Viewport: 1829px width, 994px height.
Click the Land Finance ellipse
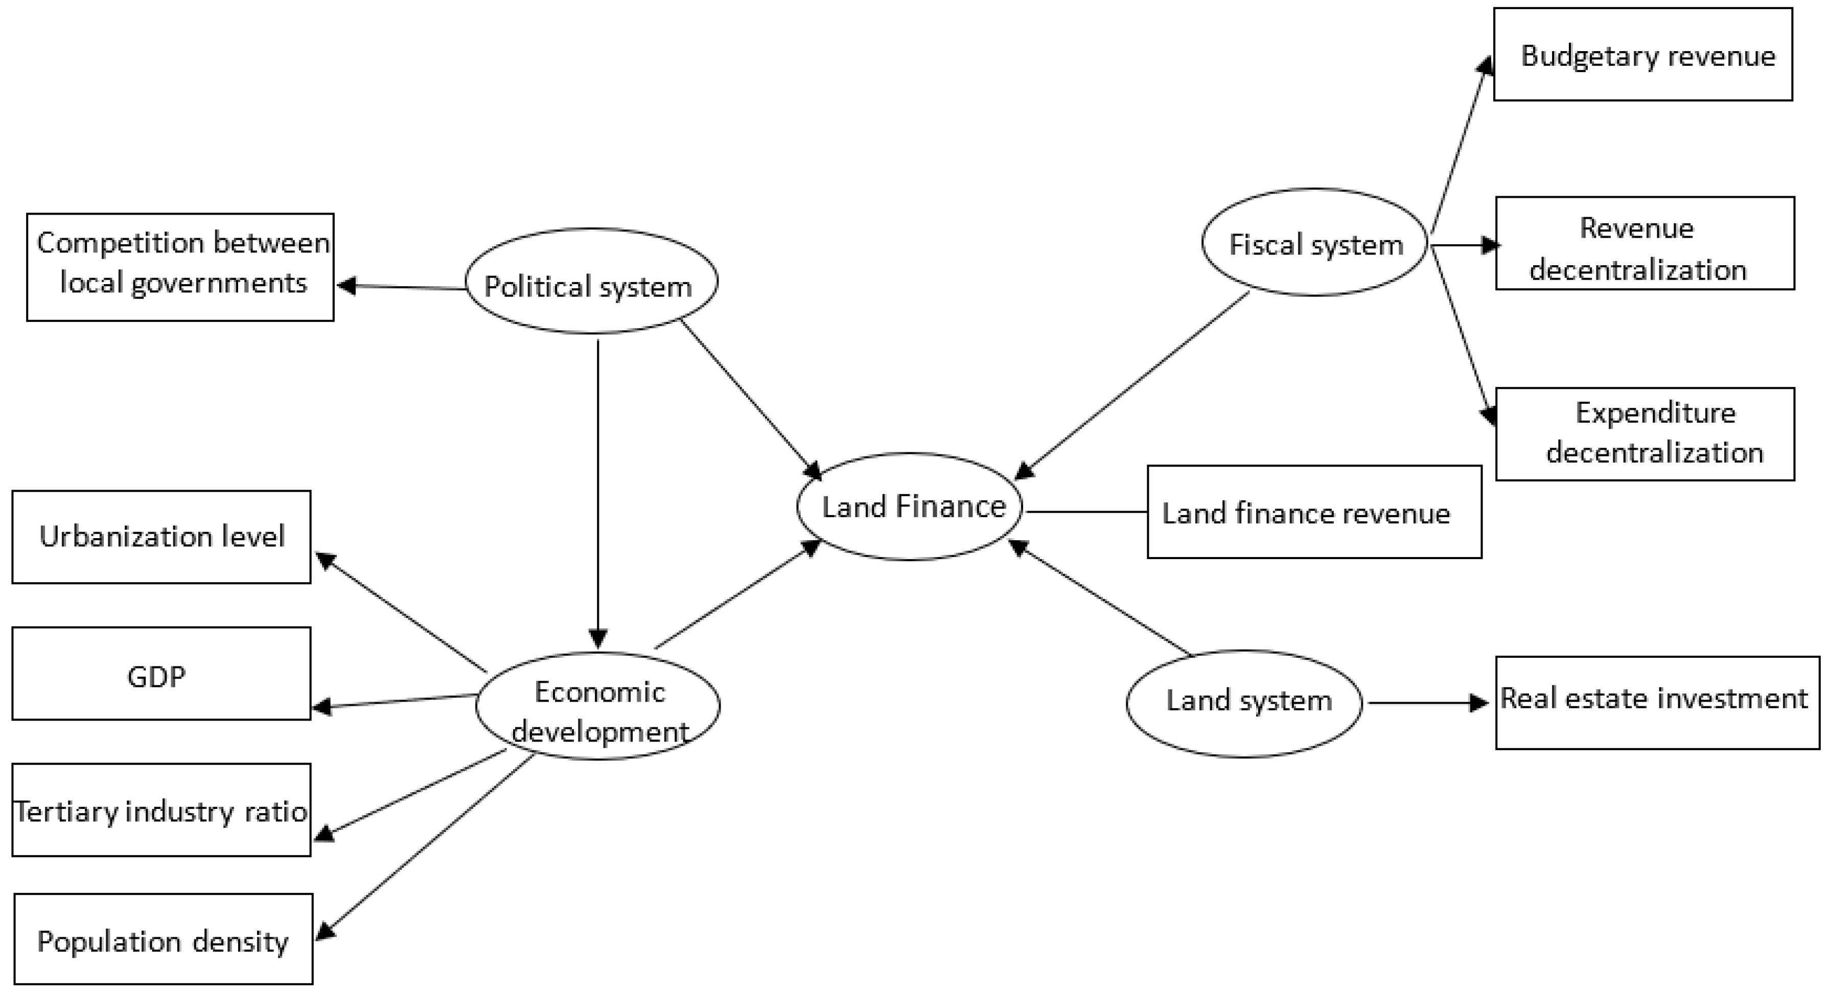910,507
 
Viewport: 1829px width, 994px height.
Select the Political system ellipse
591,281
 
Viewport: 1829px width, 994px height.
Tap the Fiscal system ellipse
1314,242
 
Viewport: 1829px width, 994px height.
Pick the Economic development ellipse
598,706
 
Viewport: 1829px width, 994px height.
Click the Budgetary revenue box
1643,55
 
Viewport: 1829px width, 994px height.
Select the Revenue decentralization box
1645,244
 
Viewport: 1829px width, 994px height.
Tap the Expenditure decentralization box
1645,434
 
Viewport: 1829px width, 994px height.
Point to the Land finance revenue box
1314,512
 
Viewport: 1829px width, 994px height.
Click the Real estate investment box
1657,702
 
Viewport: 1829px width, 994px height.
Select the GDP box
161,673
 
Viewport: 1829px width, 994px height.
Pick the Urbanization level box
161,537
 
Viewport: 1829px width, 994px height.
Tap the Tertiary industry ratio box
161,810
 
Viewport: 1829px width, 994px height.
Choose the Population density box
164,939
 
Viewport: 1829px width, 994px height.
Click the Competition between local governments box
180,267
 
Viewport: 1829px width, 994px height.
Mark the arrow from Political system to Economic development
598,490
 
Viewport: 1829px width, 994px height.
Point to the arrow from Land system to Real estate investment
1427,703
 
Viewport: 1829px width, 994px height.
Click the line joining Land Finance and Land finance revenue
1086,511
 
